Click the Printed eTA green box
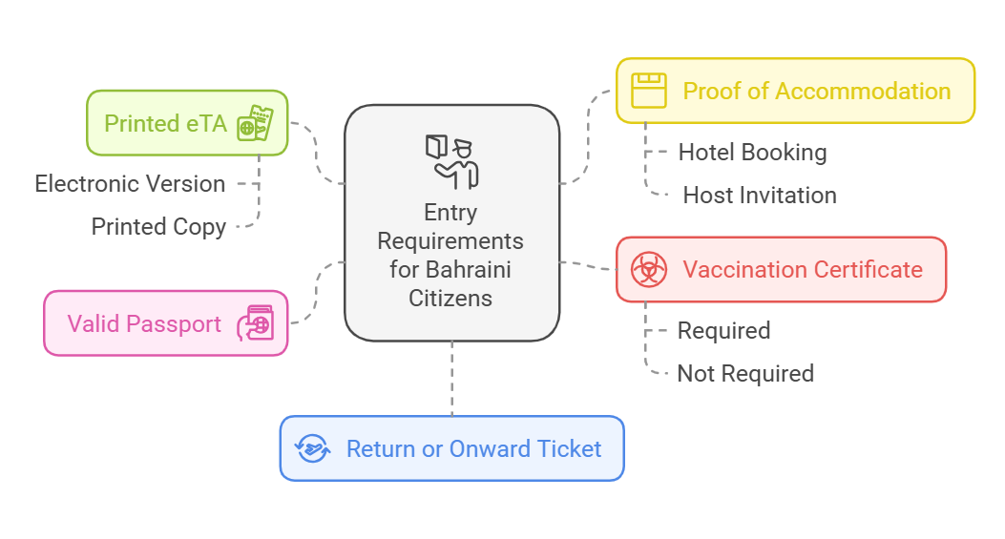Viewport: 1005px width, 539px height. pos(186,123)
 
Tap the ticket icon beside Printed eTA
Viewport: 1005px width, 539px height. pos(255,124)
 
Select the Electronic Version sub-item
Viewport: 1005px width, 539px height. pos(131,183)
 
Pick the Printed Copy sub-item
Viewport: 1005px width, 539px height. pos(158,226)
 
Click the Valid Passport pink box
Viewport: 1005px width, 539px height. pos(165,323)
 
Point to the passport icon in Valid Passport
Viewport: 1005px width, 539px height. pos(259,323)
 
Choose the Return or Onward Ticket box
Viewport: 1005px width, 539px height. pos(451,448)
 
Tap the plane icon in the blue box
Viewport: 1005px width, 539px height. pos(312,448)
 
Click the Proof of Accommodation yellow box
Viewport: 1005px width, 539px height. pos(794,92)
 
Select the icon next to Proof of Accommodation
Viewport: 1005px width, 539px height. pos(649,92)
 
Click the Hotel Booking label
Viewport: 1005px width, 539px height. pos(752,152)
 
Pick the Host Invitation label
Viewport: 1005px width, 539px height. pos(760,196)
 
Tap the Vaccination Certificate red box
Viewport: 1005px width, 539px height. pos(781,270)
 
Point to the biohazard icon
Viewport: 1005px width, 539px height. pos(649,270)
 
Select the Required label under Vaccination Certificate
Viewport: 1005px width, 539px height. pos(723,330)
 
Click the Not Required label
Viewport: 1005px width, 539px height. pos(745,373)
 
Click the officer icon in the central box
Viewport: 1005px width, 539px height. pos(451,160)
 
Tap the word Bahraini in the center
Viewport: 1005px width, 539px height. pos(471,269)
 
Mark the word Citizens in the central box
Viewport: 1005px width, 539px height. pos(451,298)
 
